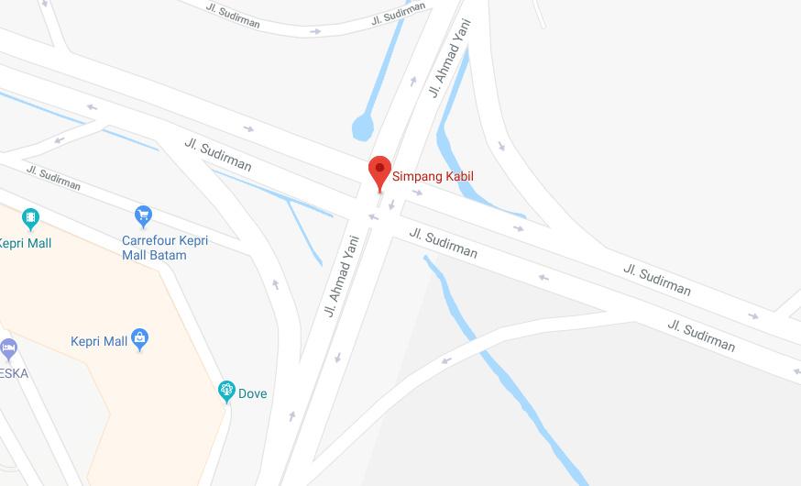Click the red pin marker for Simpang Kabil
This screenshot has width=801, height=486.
click(379, 171)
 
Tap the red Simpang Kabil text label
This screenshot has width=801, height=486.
click(433, 177)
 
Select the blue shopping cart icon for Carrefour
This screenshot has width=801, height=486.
click(143, 215)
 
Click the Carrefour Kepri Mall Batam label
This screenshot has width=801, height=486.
click(165, 248)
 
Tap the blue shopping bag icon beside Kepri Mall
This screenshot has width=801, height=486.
click(140, 340)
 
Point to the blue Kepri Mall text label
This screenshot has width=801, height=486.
click(99, 342)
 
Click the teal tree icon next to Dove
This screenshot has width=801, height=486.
click(226, 392)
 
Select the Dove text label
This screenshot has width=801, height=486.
click(253, 394)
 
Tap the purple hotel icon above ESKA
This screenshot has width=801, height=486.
click(8, 348)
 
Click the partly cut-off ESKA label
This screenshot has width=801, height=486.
click(13, 373)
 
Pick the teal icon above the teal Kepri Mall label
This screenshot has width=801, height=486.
click(31, 218)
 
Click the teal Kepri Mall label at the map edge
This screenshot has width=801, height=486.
click(25, 244)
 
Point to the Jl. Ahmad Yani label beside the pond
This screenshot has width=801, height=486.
click(449, 58)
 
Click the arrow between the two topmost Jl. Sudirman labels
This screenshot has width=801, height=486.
click(315, 31)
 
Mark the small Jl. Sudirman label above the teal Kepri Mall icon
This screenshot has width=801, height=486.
click(53, 178)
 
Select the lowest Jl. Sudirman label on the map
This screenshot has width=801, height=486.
click(701, 336)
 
